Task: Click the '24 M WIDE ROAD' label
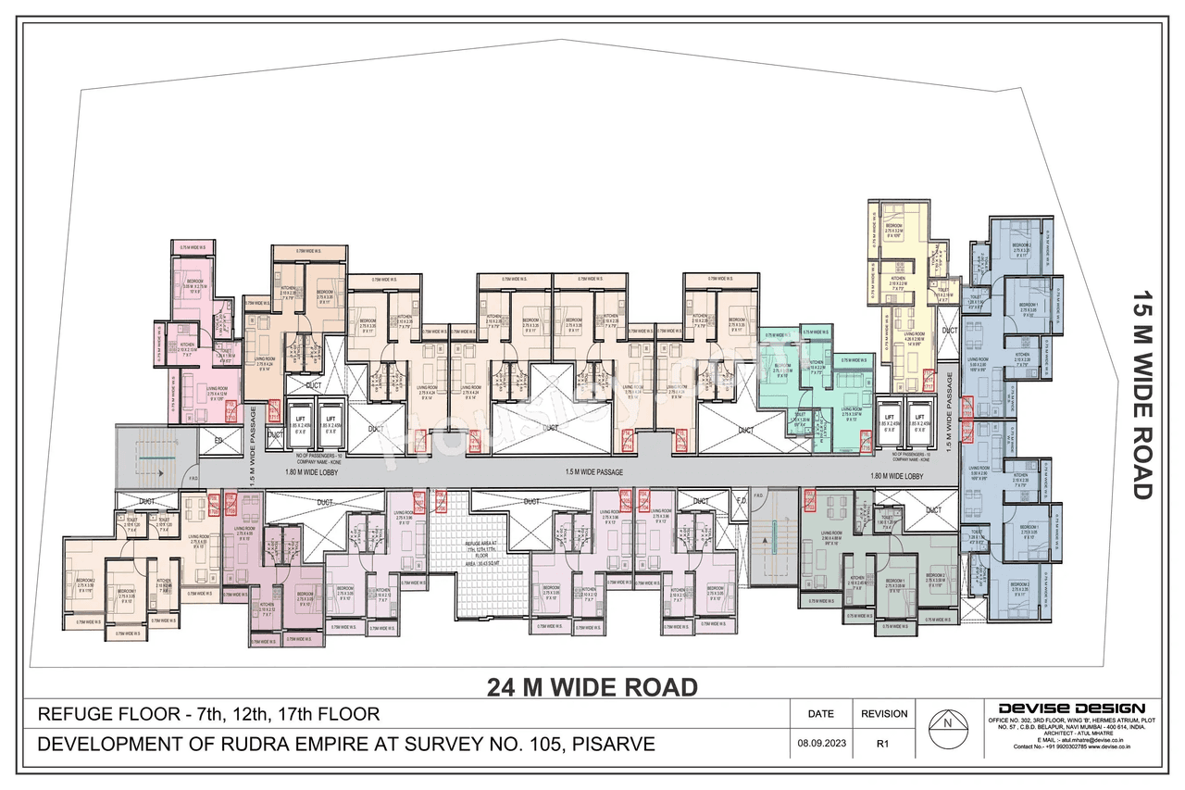pos(592,687)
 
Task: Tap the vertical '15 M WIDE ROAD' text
pos(1141,395)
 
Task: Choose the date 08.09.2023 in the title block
pos(820,743)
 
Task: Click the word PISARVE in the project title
pos(615,744)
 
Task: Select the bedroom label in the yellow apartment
pos(893,227)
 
